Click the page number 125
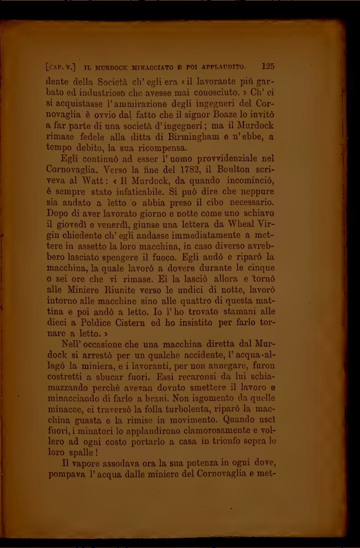tap(267, 66)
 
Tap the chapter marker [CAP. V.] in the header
tap(61, 67)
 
